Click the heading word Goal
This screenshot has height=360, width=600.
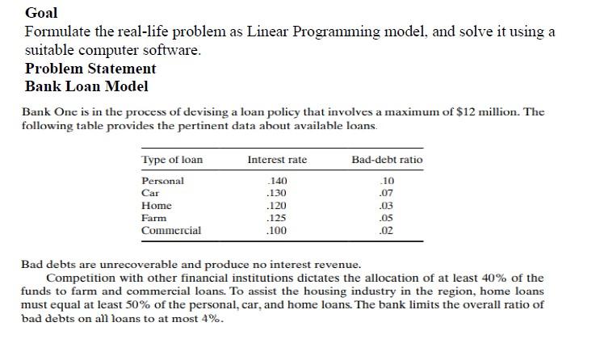[41, 13]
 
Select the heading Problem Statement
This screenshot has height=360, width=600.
[90, 68]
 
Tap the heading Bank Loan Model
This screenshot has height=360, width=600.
[86, 86]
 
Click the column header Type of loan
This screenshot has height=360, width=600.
[172, 160]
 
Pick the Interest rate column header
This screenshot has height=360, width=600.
[277, 160]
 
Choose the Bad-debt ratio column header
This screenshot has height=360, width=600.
[387, 160]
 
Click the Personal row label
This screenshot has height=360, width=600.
[162, 181]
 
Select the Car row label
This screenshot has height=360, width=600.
[150, 193]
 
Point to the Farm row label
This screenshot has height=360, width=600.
[153, 218]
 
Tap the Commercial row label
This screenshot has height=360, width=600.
[171, 230]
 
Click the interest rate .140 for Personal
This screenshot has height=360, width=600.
[277, 181]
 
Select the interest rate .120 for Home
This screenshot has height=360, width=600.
[277, 206]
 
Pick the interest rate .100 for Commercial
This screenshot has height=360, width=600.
[277, 230]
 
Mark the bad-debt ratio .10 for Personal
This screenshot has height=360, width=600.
[388, 181]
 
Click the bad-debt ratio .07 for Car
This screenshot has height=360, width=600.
[388, 193]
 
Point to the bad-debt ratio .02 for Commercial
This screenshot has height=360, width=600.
[388, 230]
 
